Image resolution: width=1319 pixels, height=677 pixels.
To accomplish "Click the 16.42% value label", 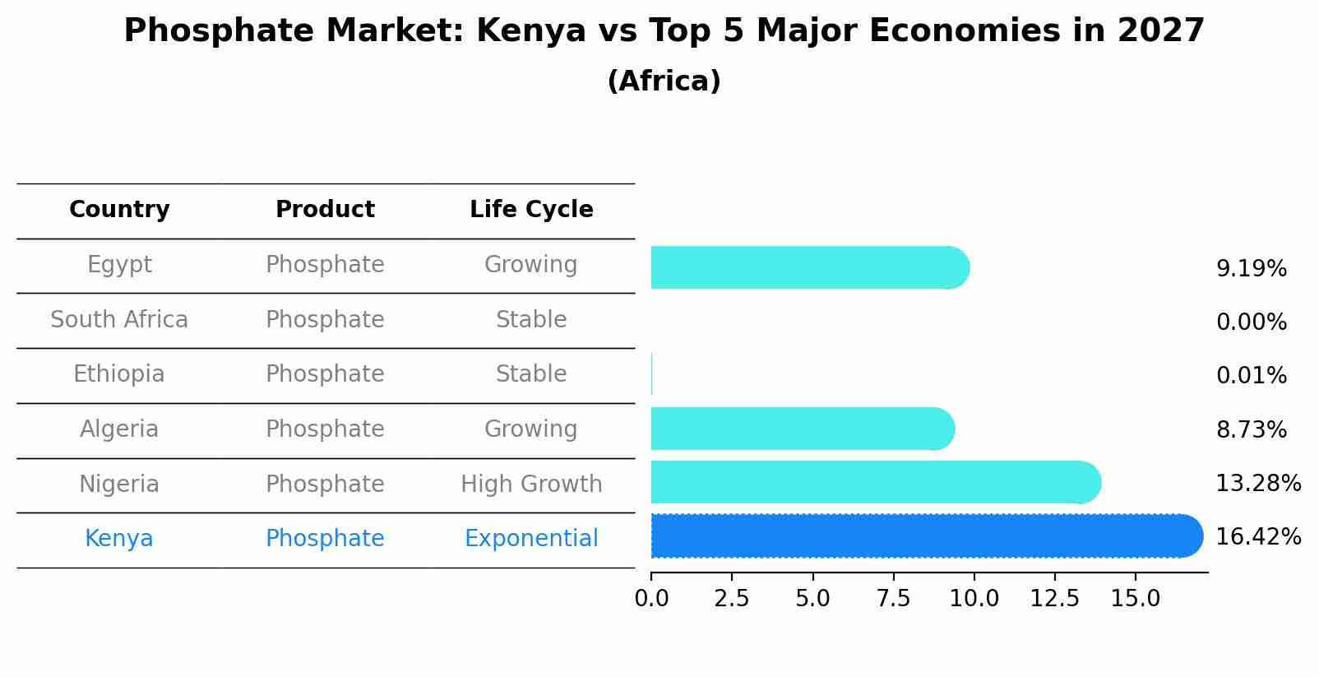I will [x=1257, y=537].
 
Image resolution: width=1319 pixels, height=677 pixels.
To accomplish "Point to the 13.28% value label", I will [x=1257, y=484].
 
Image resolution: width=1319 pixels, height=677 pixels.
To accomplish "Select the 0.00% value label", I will [x=1251, y=322].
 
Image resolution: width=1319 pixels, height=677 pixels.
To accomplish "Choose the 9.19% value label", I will [x=1251, y=269].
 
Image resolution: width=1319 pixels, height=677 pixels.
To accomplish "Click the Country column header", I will [x=119, y=210].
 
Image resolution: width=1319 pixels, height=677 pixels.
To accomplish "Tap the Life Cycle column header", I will [x=531, y=210].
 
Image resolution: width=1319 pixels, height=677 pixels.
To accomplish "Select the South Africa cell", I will [x=119, y=319].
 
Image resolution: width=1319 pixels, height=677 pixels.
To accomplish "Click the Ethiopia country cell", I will [x=119, y=374].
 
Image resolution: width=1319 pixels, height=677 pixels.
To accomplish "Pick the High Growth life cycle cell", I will [x=531, y=484].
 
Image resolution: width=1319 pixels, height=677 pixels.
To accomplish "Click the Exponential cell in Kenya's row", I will [x=531, y=539].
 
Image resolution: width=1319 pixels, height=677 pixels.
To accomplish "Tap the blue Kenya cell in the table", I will [x=119, y=539].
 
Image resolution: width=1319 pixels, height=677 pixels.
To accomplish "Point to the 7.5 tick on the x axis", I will [x=893, y=598].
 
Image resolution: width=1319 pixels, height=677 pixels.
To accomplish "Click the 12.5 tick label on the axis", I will [x=1054, y=598].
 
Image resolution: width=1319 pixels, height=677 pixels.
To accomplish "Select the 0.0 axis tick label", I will [x=651, y=598].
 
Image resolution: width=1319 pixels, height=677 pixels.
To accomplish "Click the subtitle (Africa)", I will [x=664, y=81].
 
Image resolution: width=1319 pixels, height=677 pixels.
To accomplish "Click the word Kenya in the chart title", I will [x=530, y=31].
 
